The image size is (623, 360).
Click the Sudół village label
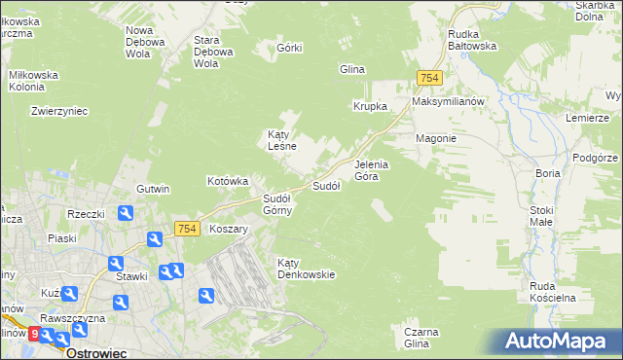pos(325,186)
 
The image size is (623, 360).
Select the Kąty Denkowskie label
pos(306,269)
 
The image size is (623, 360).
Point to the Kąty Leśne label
pos(282,140)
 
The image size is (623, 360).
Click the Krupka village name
pos(371,106)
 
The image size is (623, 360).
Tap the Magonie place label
pos(436,138)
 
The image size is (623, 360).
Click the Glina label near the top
pos(351,69)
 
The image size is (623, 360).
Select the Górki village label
pos(290,48)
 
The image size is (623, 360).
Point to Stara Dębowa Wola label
pos(213,52)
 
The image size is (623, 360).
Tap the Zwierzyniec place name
pos(59,111)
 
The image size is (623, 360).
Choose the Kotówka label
pos(229,181)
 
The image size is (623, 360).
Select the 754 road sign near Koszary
pos(188,229)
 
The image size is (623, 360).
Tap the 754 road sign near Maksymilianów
pos(429,78)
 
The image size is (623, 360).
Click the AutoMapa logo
pos(557,342)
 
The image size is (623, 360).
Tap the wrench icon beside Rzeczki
pos(126,213)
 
